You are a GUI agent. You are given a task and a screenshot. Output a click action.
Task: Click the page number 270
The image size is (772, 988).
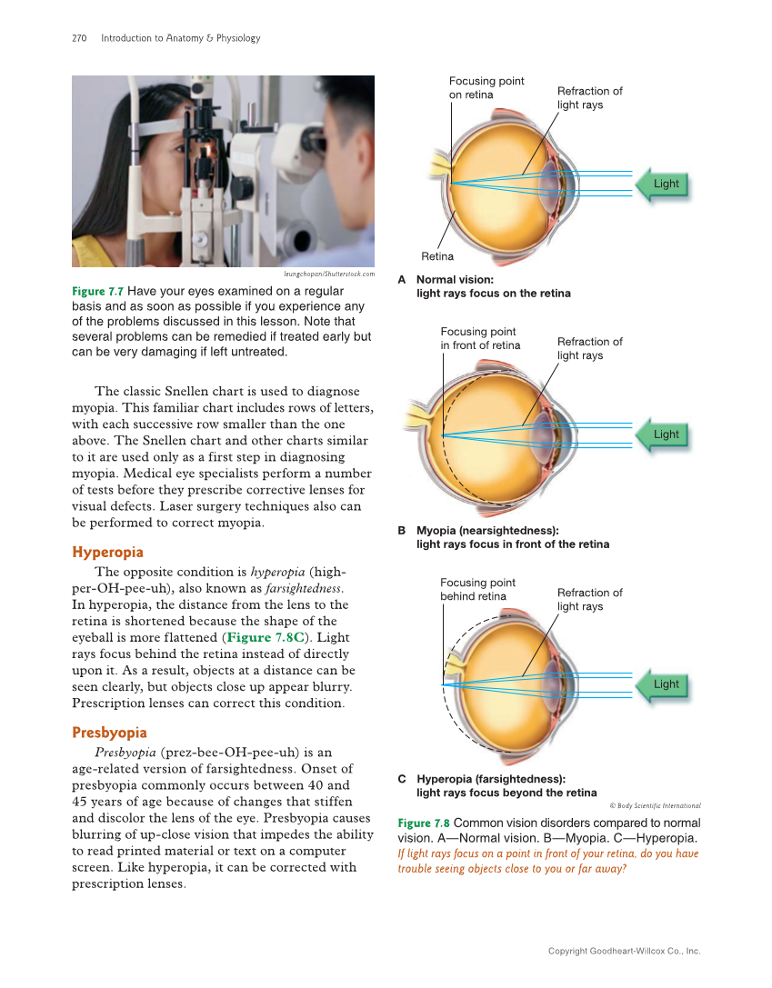78,38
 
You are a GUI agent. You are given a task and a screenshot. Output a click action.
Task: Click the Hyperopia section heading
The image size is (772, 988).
107,552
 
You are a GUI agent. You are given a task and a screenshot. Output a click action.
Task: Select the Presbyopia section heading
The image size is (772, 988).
109,733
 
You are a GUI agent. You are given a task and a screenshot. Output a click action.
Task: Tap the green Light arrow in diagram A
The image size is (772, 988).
660,184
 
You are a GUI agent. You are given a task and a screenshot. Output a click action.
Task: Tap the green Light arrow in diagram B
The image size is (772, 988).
660,434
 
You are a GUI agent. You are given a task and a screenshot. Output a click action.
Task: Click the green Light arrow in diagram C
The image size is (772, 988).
660,684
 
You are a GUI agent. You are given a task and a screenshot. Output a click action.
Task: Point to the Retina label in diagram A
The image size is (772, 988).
436,256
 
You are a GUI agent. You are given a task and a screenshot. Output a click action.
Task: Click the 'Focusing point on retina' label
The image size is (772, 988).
486,88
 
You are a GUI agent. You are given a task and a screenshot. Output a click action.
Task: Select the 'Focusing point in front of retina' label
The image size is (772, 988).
480,338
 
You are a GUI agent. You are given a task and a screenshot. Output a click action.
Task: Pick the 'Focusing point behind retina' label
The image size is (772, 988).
477,589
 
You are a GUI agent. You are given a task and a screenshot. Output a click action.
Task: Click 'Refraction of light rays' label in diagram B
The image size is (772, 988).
589,348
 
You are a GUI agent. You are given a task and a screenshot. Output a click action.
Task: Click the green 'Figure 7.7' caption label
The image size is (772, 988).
97,292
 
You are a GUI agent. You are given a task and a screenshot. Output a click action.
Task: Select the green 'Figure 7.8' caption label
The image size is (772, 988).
423,823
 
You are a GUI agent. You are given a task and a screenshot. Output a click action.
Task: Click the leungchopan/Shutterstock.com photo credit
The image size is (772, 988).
329,274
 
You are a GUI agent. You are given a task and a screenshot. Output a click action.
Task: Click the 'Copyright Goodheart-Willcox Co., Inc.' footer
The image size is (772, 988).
624,951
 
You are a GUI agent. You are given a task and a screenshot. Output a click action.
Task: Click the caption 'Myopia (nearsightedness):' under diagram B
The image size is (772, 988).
487,530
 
